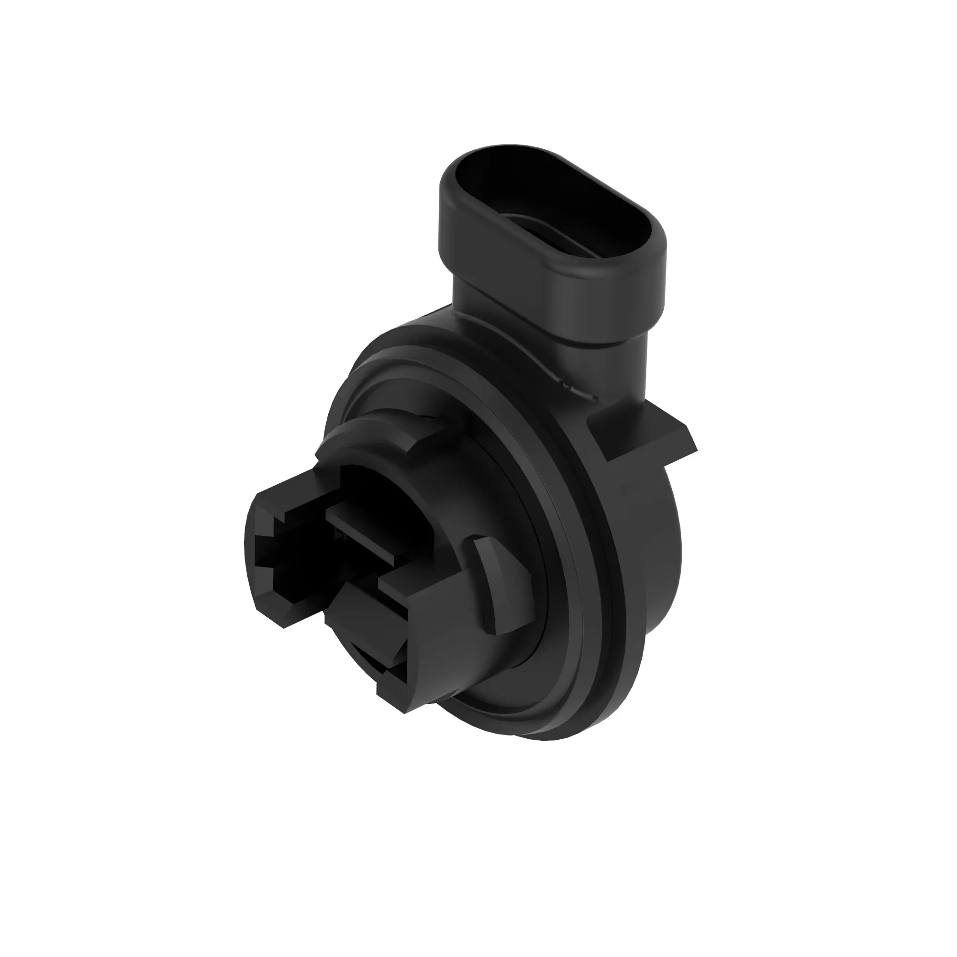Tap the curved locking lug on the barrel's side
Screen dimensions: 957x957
point(488,585)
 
